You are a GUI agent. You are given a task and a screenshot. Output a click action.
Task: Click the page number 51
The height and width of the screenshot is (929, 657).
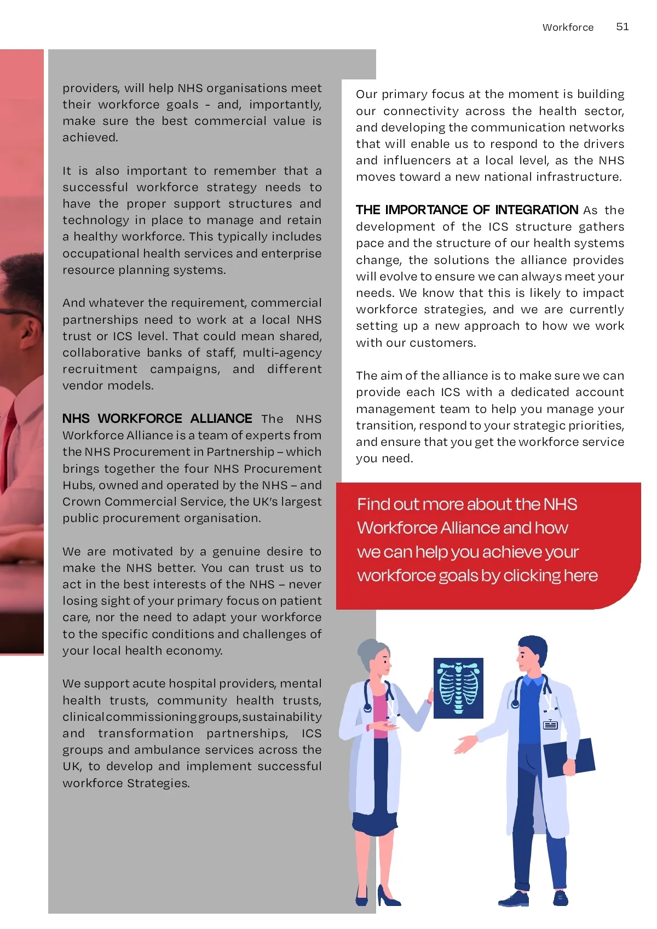[x=623, y=27]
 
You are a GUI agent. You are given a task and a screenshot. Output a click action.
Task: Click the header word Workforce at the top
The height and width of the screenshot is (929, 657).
[x=568, y=27]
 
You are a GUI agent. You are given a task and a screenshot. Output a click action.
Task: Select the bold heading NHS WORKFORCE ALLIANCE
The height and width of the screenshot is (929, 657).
[x=157, y=418]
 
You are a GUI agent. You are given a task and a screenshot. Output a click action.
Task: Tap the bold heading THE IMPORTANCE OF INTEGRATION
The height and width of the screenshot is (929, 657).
[x=467, y=210]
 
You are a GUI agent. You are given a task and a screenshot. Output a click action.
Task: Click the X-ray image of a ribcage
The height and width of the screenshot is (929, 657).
[x=458, y=688]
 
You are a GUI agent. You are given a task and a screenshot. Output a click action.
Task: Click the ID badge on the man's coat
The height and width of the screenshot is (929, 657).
[x=550, y=725]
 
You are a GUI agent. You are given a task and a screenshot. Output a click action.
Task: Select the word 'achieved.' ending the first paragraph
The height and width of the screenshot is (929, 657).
[x=90, y=137]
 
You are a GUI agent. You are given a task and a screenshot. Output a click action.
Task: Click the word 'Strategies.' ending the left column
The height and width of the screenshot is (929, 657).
[x=158, y=783]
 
